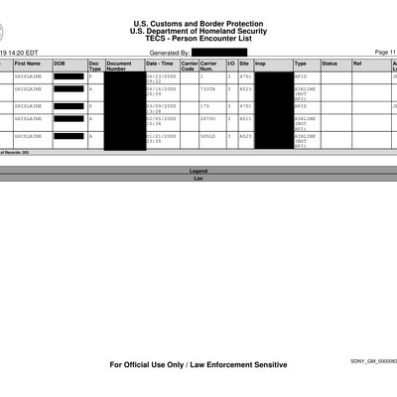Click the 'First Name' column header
click(28, 63)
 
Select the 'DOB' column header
click(60, 63)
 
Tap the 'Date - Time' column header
click(160, 63)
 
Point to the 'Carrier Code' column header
click(189, 66)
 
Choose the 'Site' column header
click(243, 63)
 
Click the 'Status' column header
click(330, 63)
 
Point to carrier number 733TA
click(208, 88)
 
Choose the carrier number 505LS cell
click(208, 135)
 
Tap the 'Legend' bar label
click(198, 171)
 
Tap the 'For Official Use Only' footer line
click(198, 365)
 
